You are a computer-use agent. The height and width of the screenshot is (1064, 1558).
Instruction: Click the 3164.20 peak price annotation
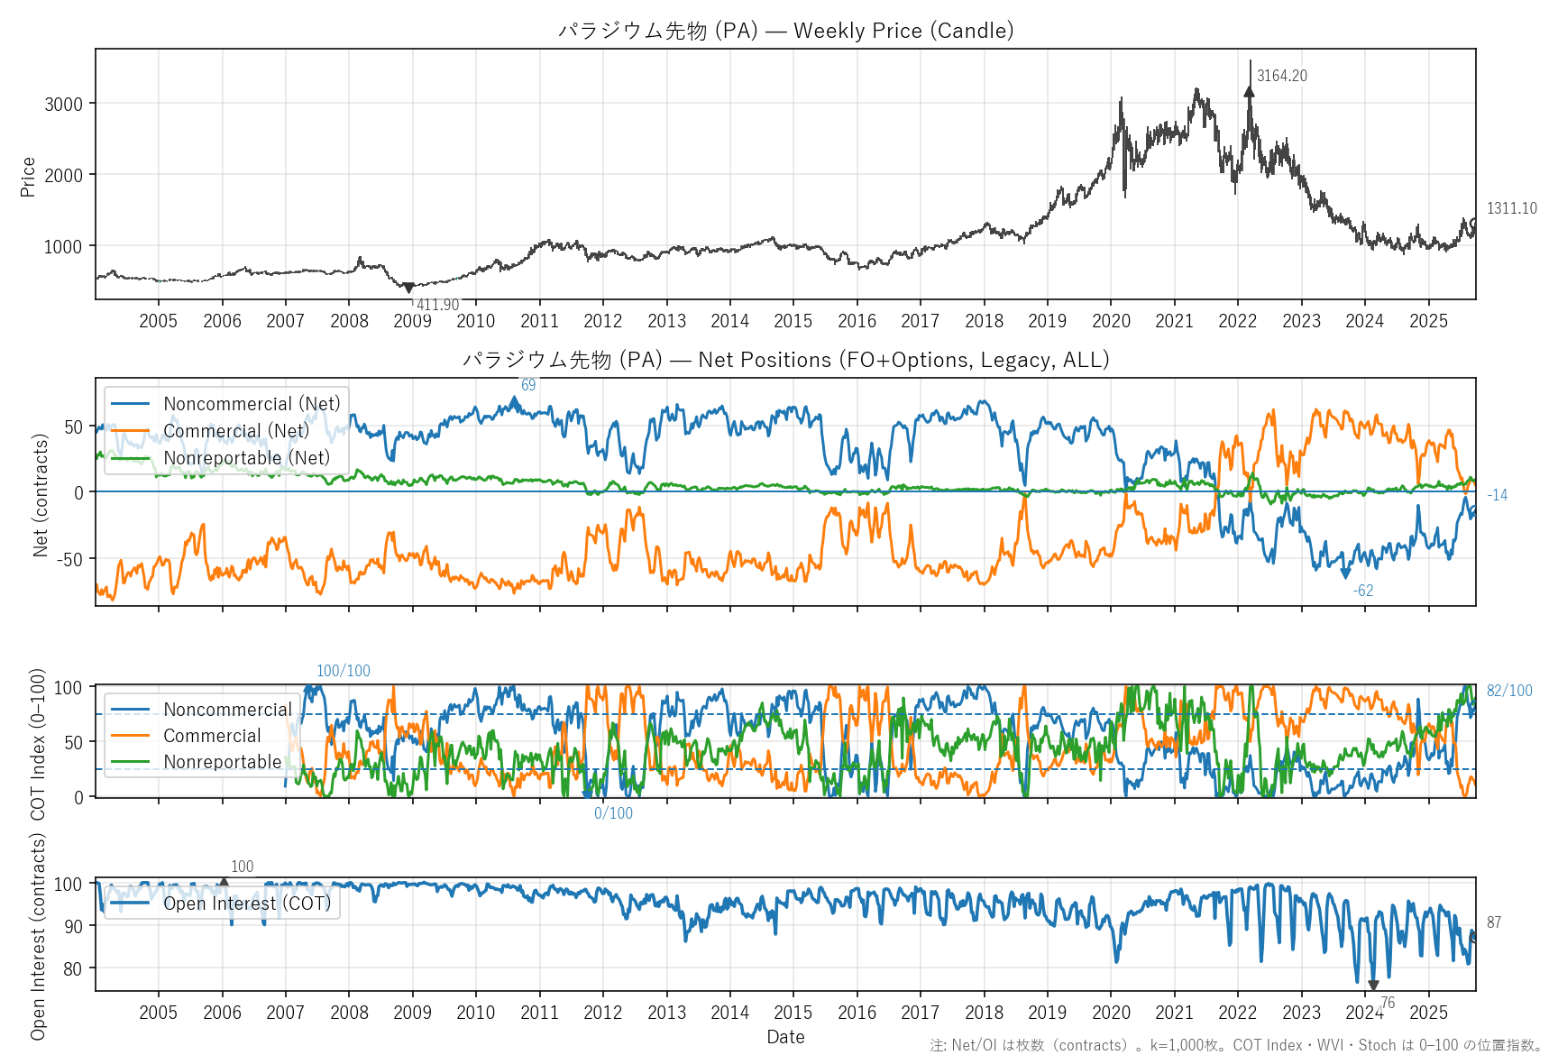1281,76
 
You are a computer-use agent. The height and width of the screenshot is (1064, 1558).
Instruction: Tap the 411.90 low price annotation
437,305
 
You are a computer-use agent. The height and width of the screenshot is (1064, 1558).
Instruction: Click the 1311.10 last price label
1511,208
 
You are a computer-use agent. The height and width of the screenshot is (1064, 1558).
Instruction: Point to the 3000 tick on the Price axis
63,104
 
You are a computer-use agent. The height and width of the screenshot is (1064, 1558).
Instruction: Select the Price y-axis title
28,177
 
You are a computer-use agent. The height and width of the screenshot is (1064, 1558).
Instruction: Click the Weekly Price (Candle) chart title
785,31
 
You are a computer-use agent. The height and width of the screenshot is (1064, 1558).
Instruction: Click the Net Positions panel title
785,360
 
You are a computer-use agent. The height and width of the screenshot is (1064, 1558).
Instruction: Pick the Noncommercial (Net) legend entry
252,404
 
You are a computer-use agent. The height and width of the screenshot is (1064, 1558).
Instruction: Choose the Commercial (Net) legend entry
236,431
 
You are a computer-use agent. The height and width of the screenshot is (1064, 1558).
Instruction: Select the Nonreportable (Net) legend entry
246,458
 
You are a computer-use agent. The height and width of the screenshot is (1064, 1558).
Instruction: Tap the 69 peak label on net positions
528,385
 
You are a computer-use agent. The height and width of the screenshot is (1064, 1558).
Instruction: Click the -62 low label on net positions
1363,591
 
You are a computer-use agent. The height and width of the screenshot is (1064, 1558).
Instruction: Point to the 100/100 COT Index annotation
343,671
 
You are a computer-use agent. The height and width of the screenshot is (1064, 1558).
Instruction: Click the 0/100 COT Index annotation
613,813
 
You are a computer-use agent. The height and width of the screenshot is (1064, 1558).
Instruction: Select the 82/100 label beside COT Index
1509,691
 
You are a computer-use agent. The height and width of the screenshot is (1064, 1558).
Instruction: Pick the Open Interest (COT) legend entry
246,903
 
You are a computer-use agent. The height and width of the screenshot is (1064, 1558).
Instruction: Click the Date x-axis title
785,1037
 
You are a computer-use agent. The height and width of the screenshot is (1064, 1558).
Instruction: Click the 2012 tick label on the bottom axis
602,1013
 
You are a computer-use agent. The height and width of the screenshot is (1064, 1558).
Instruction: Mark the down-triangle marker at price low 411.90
408,288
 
